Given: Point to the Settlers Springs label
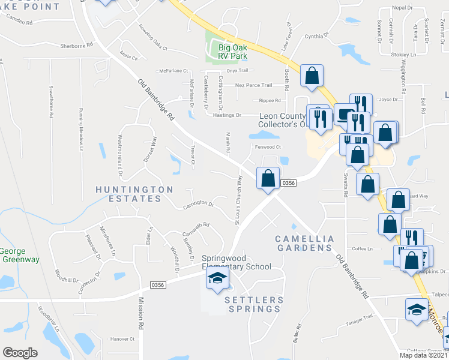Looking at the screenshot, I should point(253,304).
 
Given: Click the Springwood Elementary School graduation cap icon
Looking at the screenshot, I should point(217,278).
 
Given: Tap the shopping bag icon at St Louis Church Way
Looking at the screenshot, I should point(268,178).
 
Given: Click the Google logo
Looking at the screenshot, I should point(20,353).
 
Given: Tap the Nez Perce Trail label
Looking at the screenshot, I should point(253,85).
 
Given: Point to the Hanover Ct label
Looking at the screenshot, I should point(122,339).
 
